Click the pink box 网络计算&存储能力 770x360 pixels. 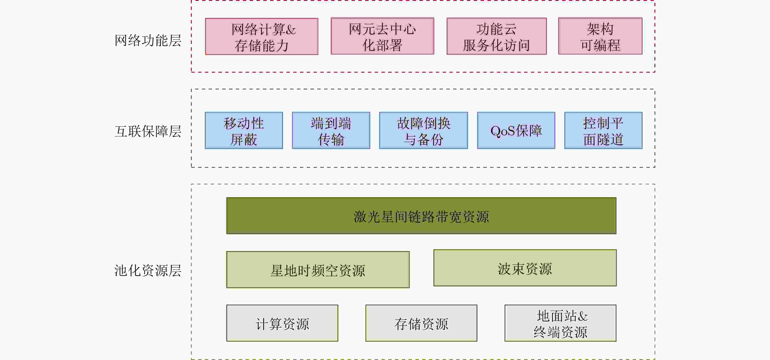tap(262, 36)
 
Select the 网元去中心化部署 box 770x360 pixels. tap(382, 36)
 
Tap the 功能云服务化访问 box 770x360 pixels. tap(496, 36)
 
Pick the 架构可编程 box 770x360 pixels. tap(600, 36)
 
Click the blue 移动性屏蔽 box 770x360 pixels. tap(244, 131)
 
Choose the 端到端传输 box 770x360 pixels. tap(331, 131)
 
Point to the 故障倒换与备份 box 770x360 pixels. tap(423, 131)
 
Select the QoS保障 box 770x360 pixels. tap(516, 131)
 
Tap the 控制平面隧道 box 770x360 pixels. tap(603, 131)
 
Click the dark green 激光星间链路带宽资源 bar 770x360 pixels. tap(421, 216)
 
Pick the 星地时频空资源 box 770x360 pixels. tap(318, 270)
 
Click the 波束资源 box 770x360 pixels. tap(525, 268)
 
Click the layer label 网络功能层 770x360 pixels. tap(148, 40)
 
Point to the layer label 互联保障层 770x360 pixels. tap(148, 131)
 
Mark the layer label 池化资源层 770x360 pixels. tap(148, 270)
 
